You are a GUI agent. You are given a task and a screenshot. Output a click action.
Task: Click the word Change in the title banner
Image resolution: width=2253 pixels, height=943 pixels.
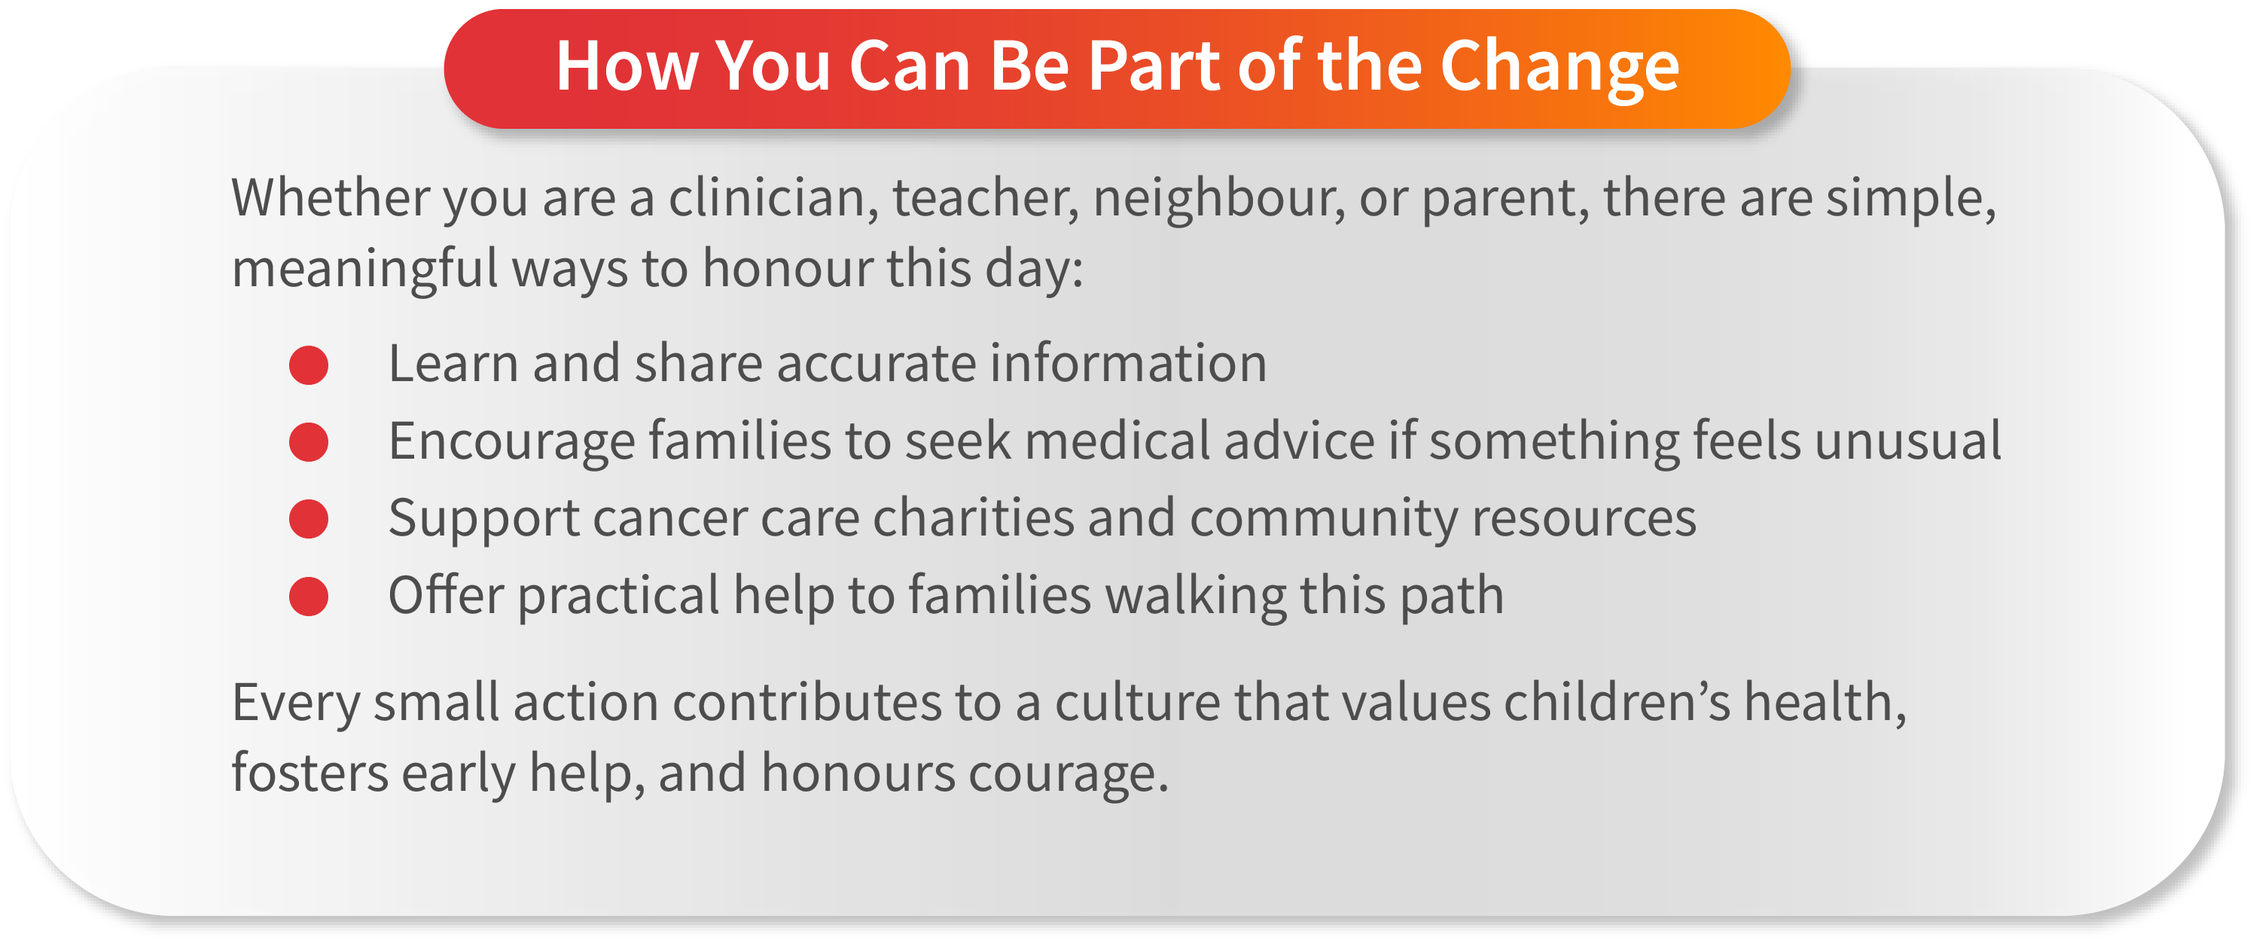pos(1559,66)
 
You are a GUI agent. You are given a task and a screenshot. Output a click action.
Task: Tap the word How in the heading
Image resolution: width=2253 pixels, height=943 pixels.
pos(627,66)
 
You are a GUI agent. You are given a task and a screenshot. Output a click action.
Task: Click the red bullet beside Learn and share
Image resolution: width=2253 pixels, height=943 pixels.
pos(309,365)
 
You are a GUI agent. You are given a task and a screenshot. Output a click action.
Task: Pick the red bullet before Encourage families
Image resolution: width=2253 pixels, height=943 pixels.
pos(309,442)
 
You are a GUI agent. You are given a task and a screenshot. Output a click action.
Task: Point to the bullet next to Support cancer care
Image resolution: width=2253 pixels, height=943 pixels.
pos(309,519)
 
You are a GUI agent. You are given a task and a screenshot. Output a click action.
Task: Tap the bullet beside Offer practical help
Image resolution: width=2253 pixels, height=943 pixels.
pos(309,597)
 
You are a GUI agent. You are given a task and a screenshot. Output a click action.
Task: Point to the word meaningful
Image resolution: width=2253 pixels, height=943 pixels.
pos(364,269)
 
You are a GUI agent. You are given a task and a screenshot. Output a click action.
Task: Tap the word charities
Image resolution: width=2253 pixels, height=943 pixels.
pos(974,518)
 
